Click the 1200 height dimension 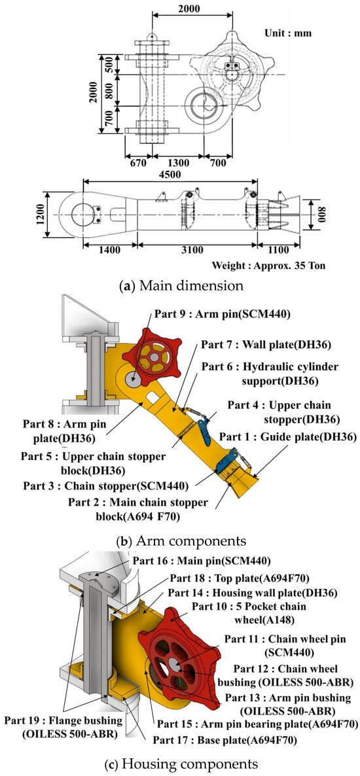point(46,215)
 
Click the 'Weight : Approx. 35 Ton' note point(269,265)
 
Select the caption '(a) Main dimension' point(180,285)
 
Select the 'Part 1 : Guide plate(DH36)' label point(288,436)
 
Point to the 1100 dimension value point(279,250)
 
